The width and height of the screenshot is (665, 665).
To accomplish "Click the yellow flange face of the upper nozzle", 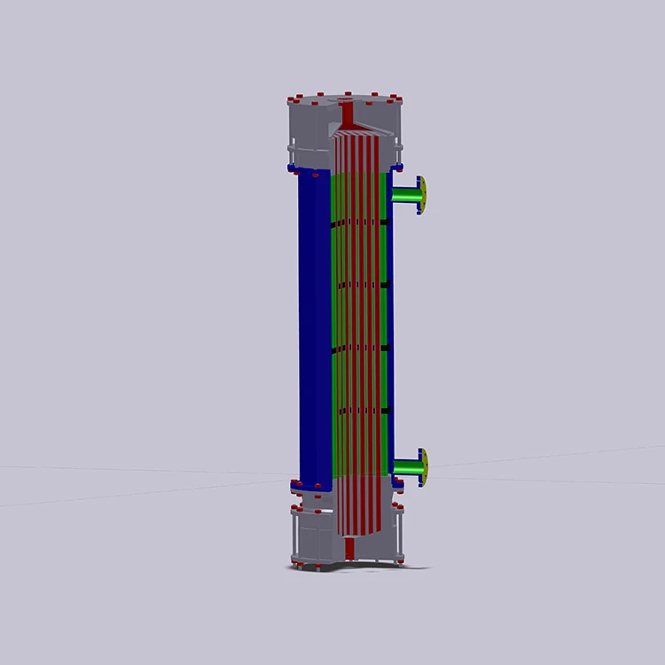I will click(423, 195).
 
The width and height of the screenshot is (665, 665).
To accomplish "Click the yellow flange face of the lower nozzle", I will click(424, 466).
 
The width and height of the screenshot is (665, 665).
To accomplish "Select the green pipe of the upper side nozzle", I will click(405, 194).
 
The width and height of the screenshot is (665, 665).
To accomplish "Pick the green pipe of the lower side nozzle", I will click(405, 466).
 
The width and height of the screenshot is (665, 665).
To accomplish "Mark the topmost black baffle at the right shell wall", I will click(385, 222).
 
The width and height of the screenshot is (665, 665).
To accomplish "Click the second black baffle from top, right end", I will click(385, 285).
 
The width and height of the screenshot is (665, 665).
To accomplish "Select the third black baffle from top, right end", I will click(385, 348).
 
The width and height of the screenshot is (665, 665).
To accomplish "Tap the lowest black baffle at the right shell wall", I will click(385, 411).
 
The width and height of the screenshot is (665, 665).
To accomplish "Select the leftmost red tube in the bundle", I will click(337, 337).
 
